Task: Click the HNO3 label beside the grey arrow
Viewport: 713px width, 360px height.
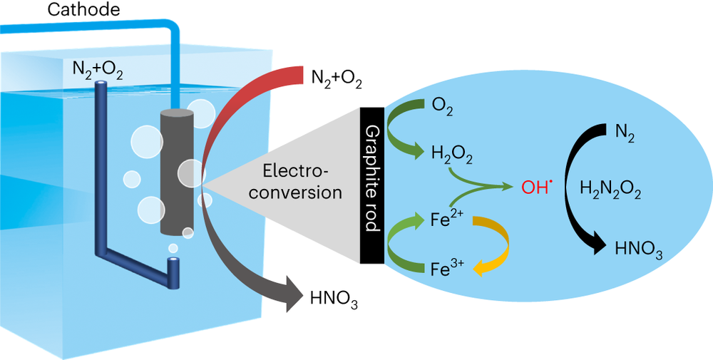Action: coord(334,299)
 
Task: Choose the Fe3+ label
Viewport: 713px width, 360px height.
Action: coord(448,269)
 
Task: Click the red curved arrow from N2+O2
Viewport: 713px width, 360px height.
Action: coord(235,107)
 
